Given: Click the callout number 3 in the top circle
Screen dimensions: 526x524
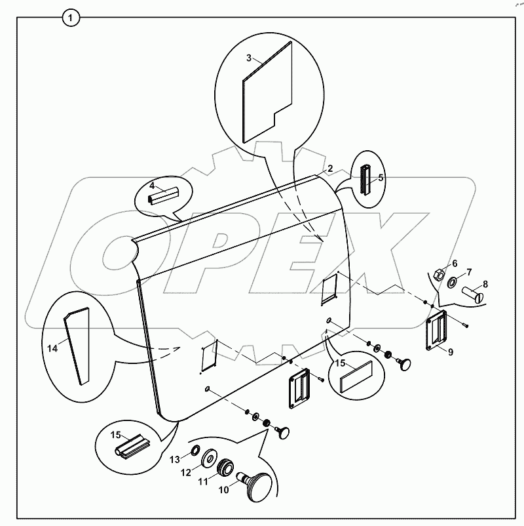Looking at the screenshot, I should [x=249, y=58].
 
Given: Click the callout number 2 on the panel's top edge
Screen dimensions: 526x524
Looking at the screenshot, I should [x=330, y=169].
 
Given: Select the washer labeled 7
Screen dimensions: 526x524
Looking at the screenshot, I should [x=451, y=283].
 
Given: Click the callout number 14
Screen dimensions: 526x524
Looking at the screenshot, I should [x=53, y=348].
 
